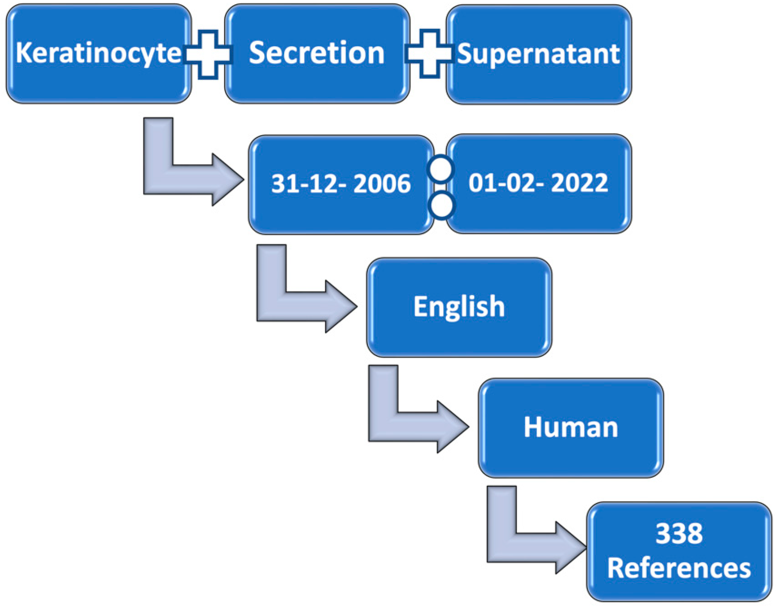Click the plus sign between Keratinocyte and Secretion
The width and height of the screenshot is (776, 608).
[208, 54]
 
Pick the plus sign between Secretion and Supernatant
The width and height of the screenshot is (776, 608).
[430, 54]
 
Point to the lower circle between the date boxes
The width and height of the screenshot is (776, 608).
[442, 205]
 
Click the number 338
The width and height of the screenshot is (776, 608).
[679, 534]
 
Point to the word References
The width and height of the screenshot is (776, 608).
[679, 569]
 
